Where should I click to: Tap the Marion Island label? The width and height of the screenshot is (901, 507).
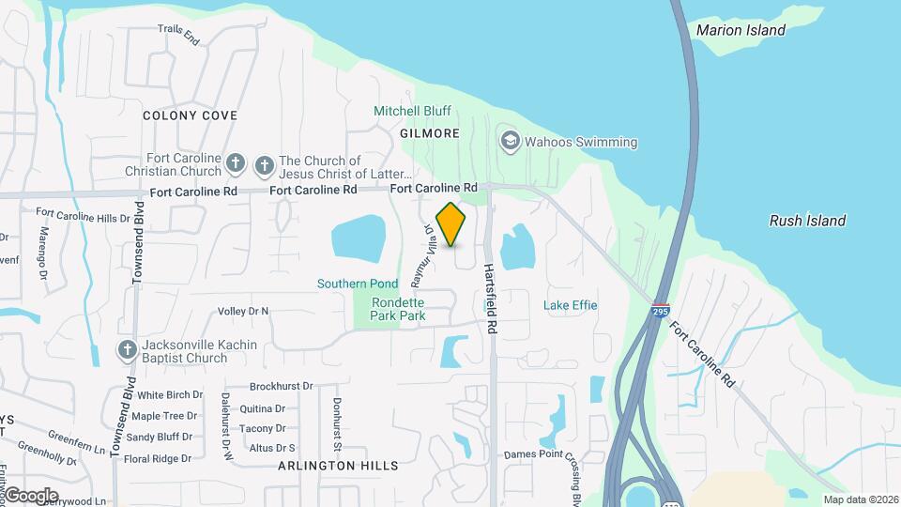pyautogui.click(x=741, y=30)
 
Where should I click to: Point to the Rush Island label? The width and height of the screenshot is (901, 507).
pyautogui.click(x=807, y=222)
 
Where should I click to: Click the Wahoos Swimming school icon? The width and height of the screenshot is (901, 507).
pyautogui.click(x=511, y=142)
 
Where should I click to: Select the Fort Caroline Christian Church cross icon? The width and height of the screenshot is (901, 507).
pyautogui.click(x=236, y=165)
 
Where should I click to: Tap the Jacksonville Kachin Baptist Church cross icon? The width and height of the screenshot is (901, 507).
pyautogui.click(x=128, y=351)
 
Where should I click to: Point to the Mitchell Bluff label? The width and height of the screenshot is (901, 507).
pyautogui.click(x=412, y=111)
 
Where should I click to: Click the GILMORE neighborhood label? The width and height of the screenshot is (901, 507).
pyautogui.click(x=430, y=133)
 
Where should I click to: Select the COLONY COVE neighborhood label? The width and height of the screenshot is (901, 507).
pyautogui.click(x=190, y=115)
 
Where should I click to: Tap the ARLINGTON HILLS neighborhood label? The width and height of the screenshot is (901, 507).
pyautogui.click(x=339, y=466)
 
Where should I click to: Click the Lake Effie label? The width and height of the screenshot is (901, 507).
pyautogui.click(x=570, y=305)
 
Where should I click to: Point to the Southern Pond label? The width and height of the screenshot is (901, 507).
pyautogui.click(x=358, y=284)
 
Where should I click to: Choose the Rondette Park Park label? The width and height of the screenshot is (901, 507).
pyautogui.click(x=398, y=309)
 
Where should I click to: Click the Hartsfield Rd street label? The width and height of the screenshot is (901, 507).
pyautogui.click(x=489, y=297)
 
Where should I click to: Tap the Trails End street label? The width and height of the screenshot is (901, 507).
pyautogui.click(x=178, y=35)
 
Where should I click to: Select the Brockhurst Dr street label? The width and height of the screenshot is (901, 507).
pyautogui.click(x=282, y=386)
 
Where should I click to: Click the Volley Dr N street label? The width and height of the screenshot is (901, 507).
pyautogui.click(x=243, y=311)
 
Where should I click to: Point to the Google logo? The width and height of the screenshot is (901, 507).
pyautogui.click(x=32, y=495)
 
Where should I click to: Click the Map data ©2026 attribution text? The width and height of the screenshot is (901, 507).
pyautogui.click(x=860, y=499)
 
